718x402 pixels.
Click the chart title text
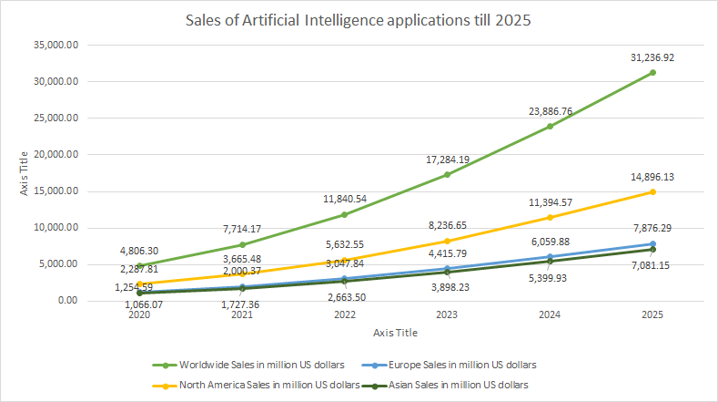pyautogui.click(x=358, y=19)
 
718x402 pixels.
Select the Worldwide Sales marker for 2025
pyautogui.click(x=652, y=72)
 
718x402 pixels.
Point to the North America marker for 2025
pyautogui.click(x=652, y=191)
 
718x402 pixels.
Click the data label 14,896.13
pyautogui.click(x=652, y=177)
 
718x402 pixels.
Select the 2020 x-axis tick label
pyautogui.click(x=140, y=314)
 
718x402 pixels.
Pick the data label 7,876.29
pyautogui.click(x=652, y=229)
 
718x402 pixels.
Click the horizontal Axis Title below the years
pyautogui.click(x=395, y=333)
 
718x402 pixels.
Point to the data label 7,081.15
pyautogui.click(x=652, y=264)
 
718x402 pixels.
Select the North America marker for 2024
pyautogui.click(x=549, y=217)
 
